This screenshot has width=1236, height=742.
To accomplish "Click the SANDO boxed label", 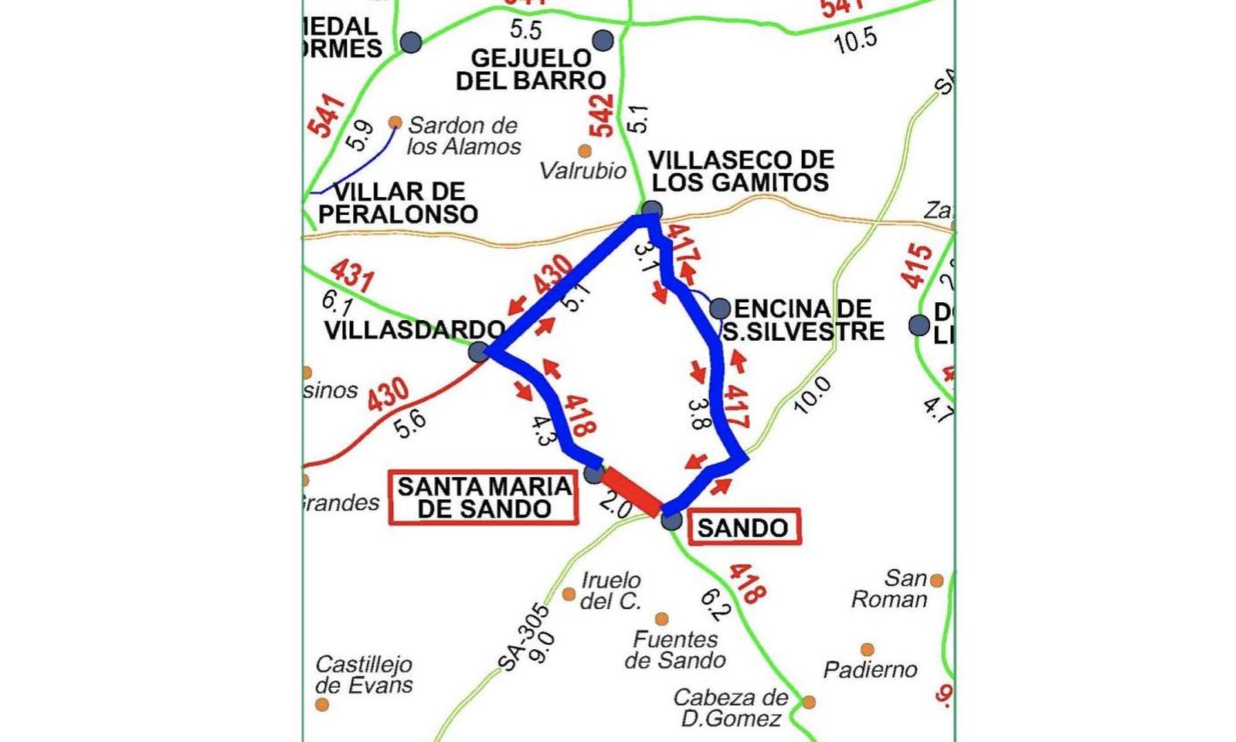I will pyautogui.click(x=743, y=528).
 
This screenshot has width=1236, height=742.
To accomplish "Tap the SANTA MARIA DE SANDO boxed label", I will pyautogui.click(x=484, y=498).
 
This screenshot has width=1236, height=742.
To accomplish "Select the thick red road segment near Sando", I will pyautogui.click(x=632, y=492).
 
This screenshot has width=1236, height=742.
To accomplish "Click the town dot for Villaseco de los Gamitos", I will pyautogui.click(x=652, y=209).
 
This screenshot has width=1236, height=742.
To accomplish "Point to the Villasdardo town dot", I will pyautogui.click(x=479, y=352).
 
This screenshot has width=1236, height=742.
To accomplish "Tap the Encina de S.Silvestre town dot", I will pyautogui.click(x=720, y=308).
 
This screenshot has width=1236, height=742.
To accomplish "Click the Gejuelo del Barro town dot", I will pyautogui.click(x=603, y=40).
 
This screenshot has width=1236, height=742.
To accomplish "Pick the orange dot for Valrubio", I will pyautogui.click(x=585, y=151).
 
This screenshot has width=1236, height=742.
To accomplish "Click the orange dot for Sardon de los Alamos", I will pyautogui.click(x=396, y=122).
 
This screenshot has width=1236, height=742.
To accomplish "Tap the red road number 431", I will pyautogui.click(x=352, y=275).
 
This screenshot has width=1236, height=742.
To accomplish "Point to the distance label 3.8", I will pyautogui.click(x=698, y=414).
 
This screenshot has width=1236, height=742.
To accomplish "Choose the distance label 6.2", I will pyautogui.click(x=715, y=605).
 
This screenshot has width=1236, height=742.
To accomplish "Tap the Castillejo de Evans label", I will pyautogui.click(x=364, y=675).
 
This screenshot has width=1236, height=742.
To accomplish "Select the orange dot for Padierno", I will pyautogui.click(x=868, y=649).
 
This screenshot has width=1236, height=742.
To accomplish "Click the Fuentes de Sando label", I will pyautogui.click(x=675, y=649).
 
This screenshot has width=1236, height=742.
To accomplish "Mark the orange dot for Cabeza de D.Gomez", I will pyautogui.click(x=809, y=702).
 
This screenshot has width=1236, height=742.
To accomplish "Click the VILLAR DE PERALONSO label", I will pyautogui.click(x=399, y=203).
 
